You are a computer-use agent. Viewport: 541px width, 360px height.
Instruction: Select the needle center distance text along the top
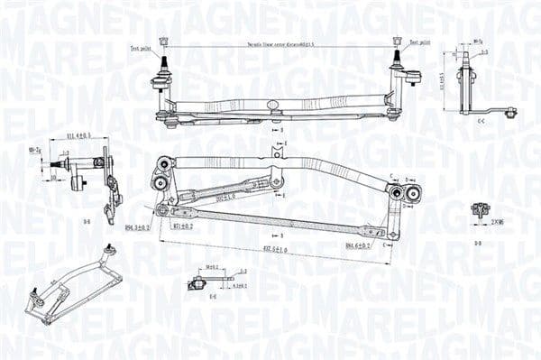point(280,43)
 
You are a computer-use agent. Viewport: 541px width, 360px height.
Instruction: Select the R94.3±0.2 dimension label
point(138,227)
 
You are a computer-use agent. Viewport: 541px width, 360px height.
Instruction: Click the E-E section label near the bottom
point(213,297)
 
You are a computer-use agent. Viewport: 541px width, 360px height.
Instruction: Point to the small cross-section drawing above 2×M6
point(479,210)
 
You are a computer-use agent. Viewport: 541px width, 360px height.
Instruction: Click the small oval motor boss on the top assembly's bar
point(273,105)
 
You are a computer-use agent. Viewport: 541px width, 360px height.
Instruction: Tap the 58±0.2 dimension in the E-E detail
point(213,268)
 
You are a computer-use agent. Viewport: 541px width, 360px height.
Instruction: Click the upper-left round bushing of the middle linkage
point(164,163)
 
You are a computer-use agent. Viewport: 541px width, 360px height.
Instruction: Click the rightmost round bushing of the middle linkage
point(413,191)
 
